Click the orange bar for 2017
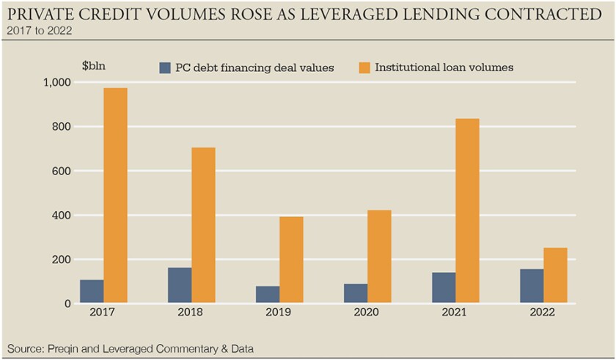(x=115, y=195)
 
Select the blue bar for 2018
(x=180, y=285)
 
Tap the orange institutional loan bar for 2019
(x=291, y=260)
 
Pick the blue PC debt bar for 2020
(x=356, y=293)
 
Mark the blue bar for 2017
(x=92, y=291)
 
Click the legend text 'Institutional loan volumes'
(x=444, y=67)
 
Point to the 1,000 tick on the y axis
(x=55, y=83)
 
